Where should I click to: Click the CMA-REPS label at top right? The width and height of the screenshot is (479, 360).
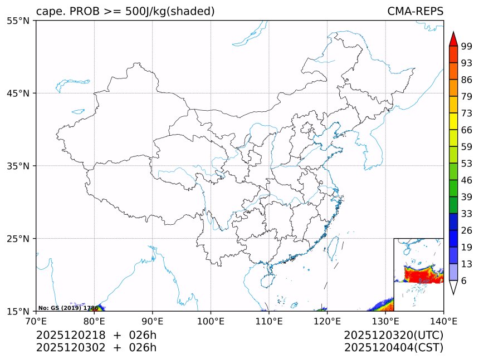point(415,12)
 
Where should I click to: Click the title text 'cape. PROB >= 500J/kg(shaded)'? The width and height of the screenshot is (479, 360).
point(125,12)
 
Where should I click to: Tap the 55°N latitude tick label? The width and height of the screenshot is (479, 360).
point(18,21)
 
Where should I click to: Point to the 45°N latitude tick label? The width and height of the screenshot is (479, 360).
point(18,93)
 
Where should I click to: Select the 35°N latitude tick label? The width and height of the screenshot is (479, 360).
point(18,166)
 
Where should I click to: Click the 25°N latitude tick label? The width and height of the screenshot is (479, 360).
point(18,239)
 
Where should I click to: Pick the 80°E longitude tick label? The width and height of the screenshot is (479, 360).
point(94,320)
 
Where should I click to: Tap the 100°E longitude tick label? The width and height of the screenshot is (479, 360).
point(211,320)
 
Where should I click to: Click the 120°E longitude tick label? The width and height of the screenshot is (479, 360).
point(327,320)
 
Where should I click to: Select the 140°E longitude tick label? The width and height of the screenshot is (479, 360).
point(443,320)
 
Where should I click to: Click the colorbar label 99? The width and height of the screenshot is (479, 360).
point(467,46)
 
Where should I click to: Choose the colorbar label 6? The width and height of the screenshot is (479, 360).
point(465,281)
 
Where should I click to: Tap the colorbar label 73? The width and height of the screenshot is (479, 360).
point(467,113)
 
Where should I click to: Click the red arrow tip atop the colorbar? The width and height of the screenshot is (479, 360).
point(453,38)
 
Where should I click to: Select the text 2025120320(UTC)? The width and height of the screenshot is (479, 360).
point(393,335)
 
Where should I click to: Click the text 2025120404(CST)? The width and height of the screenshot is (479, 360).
point(393,348)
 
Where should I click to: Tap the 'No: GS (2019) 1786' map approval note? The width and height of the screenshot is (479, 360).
point(68,308)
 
